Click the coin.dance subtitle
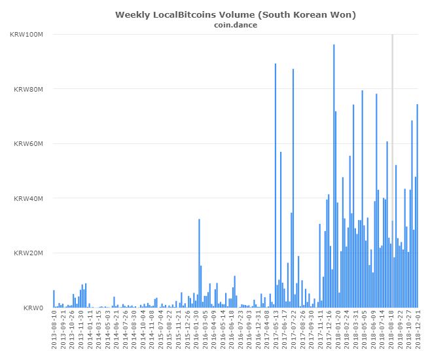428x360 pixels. pyautogui.click(x=235, y=26)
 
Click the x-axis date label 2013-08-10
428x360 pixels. pyautogui.click(x=54, y=333)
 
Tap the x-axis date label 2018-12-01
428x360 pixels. pyautogui.click(x=417, y=333)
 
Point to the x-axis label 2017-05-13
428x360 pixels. pyautogui.click(x=276, y=333)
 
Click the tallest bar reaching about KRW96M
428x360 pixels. pyautogui.click(x=334, y=177)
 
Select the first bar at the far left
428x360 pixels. pyautogui.click(x=54, y=299)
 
